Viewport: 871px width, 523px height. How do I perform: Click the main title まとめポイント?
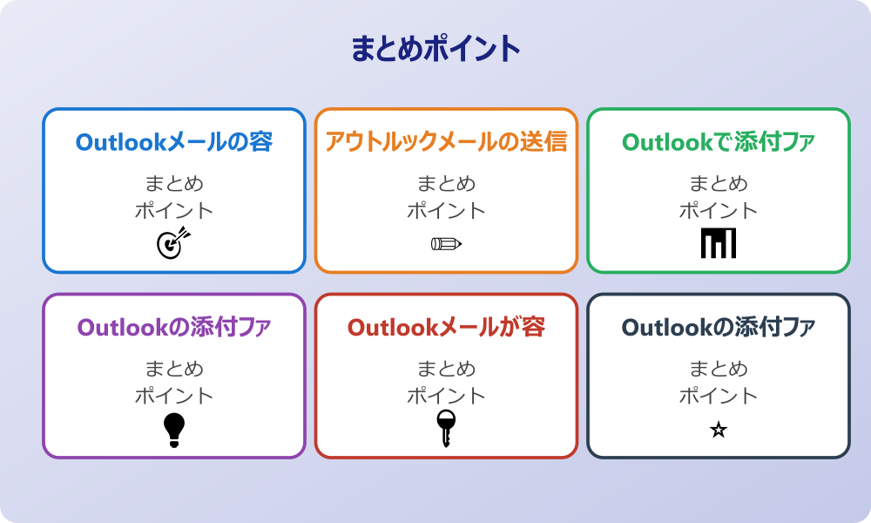pos(435,49)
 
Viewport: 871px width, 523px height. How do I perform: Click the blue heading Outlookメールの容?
pos(174,142)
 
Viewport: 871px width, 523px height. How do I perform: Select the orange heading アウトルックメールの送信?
pos(446,142)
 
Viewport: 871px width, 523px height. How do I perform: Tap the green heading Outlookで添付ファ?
pos(719,142)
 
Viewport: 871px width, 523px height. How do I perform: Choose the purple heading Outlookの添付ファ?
pos(174,328)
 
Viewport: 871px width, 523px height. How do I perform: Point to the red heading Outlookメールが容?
pos(446,328)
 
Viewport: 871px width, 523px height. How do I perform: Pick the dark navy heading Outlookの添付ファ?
pos(719,328)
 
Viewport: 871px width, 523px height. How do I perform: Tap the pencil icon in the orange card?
pos(446,243)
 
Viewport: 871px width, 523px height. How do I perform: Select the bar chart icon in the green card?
pos(719,243)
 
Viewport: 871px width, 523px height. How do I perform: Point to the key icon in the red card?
pos(446,429)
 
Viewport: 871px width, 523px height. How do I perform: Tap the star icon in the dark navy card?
pos(719,430)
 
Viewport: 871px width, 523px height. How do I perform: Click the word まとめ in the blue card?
pos(174,184)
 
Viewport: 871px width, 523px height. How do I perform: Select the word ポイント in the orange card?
pos(446,211)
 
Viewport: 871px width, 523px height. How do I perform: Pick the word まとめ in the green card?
pos(719,184)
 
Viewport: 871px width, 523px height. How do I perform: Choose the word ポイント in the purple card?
pos(174,396)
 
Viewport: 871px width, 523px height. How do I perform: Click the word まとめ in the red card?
pos(446,369)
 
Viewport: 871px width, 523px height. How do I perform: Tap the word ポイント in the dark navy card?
pos(719,396)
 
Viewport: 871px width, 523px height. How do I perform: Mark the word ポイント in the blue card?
pos(174,211)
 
